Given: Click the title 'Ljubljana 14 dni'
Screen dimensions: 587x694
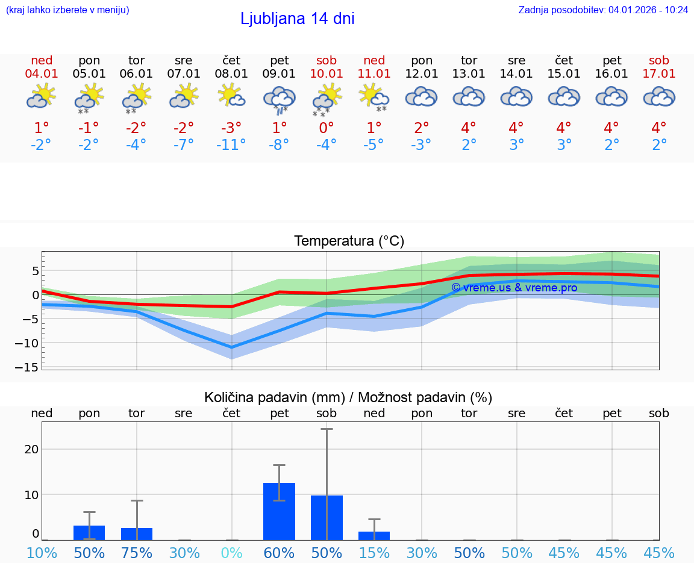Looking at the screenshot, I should click(x=297, y=19).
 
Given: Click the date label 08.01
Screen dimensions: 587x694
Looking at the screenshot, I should click(x=231, y=73).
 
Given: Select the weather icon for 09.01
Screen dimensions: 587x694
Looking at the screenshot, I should click(x=279, y=98).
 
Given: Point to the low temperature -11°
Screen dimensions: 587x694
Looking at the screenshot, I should click(x=231, y=144).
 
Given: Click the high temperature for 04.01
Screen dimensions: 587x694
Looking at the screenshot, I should click(x=42, y=128).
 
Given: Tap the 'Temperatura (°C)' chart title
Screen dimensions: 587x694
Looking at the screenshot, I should click(x=349, y=241).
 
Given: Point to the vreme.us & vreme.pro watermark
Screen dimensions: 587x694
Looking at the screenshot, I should click(x=514, y=288).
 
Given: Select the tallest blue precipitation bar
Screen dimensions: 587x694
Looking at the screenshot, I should click(x=279, y=511).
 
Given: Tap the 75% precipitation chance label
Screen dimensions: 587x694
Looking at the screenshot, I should click(x=137, y=553).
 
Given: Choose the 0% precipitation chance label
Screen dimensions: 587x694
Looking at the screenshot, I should click(x=231, y=553).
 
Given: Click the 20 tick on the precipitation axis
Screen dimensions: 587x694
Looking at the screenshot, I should click(x=31, y=449).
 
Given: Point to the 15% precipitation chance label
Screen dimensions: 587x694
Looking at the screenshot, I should click(x=374, y=553).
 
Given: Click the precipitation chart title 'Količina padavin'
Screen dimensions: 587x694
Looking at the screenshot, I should click(x=348, y=397).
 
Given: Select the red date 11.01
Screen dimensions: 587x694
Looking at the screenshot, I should click(x=374, y=73).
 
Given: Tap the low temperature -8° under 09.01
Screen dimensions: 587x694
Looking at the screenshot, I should click(x=279, y=144).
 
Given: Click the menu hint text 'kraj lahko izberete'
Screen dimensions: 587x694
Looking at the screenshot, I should click(x=67, y=10).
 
